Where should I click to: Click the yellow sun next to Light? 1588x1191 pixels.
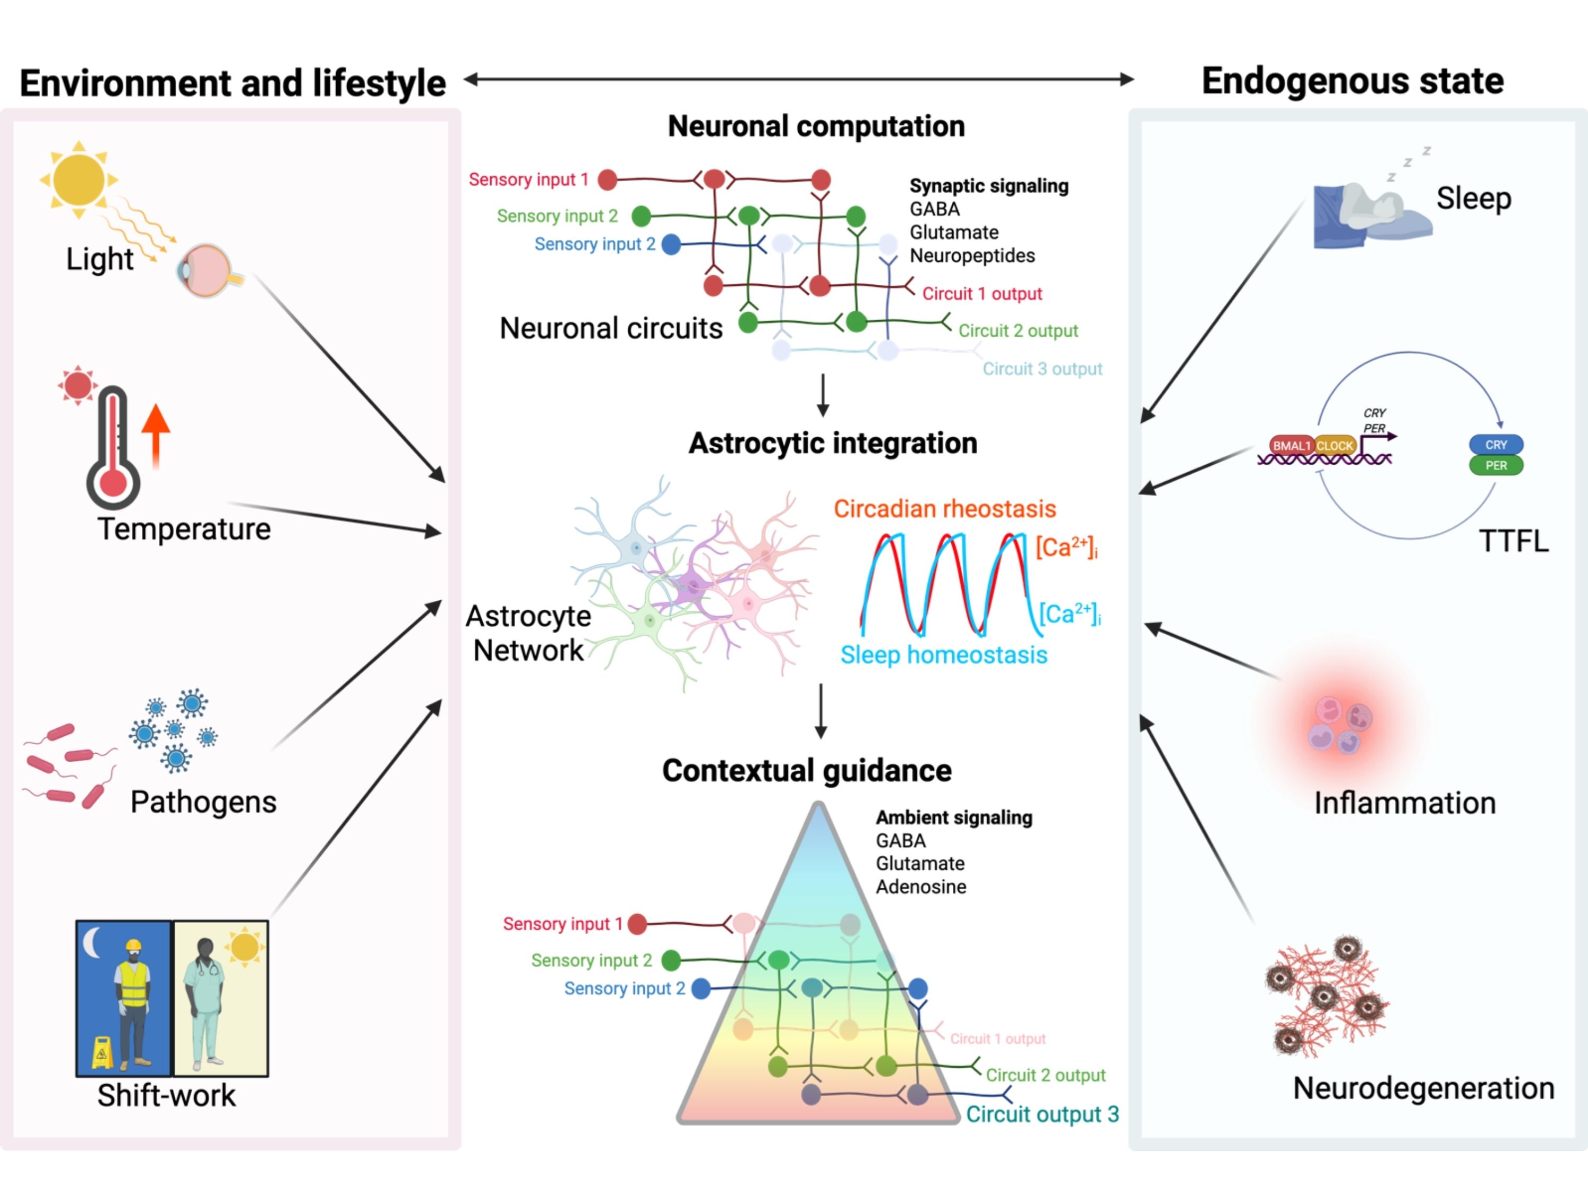point(78,179)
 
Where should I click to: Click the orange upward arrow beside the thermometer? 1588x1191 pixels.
point(156,435)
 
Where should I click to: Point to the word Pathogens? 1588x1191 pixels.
point(203,802)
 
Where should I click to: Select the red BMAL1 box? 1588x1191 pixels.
point(1292,446)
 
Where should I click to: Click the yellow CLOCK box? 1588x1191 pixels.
point(1334,446)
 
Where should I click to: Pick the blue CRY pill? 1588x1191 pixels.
point(1495,445)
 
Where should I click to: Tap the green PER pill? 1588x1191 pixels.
point(1495,465)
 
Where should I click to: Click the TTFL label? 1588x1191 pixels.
point(1513,542)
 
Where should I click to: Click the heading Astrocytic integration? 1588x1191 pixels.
point(833,444)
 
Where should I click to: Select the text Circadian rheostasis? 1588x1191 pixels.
point(944,509)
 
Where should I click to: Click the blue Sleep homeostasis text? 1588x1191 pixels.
point(943,655)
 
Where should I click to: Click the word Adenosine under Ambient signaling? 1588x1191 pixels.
point(921,887)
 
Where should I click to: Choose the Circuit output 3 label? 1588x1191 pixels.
point(1042,1114)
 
